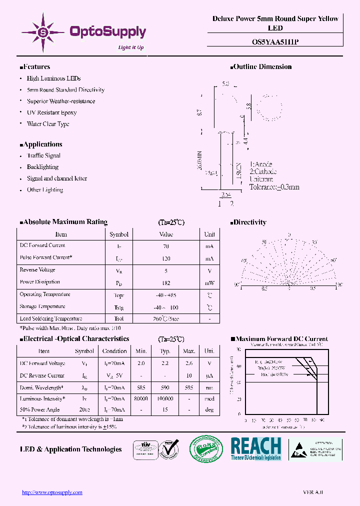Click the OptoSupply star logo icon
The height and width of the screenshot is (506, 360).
click(x=43, y=32)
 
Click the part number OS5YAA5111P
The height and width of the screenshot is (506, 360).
click(x=275, y=42)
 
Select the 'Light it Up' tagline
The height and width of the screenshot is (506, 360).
click(x=130, y=47)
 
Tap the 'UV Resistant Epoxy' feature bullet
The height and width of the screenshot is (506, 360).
click(x=51, y=112)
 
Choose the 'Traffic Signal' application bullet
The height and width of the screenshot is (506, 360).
click(x=43, y=155)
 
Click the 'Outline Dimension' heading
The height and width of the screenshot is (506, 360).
click(x=262, y=66)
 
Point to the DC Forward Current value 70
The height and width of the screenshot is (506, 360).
click(x=166, y=246)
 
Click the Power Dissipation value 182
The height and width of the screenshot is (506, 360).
click(x=166, y=282)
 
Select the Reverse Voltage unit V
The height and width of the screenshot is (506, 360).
click(x=209, y=270)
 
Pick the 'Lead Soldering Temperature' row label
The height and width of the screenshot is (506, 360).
click(x=51, y=318)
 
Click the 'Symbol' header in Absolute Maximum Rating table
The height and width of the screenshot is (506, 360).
click(x=119, y=234)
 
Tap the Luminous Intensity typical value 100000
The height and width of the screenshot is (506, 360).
click(x=165, y=398)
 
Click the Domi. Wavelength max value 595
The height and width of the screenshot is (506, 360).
click(x=189, y=387)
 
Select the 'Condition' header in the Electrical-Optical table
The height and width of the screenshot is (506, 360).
click(x=114, y=351)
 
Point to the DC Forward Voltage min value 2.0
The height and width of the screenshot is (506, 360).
click(x=141, y=363)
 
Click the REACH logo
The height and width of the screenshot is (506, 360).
click(x=256, y=448)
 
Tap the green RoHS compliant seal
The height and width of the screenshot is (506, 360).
click(x=206, y=448)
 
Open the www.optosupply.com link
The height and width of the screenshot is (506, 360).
click(x=52, y=492)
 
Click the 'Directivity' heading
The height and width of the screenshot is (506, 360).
click(x=249, y=222)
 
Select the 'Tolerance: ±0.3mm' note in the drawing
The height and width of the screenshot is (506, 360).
click(x=274, y=187)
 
